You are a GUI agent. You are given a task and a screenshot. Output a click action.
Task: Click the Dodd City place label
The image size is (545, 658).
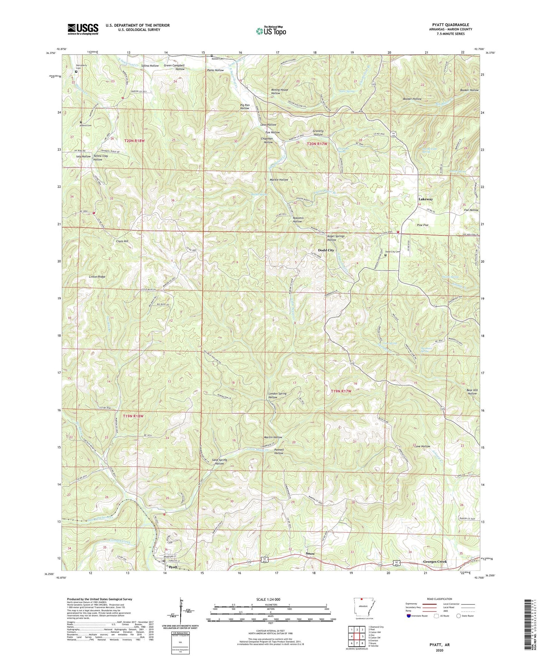pyautogui.click(x=326, y=250)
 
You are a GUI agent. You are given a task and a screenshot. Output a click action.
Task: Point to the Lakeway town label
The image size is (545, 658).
pyautogui.click(x=425, y=199)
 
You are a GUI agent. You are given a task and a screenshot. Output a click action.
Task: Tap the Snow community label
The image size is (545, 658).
pyautogui.click(x=310, y=554)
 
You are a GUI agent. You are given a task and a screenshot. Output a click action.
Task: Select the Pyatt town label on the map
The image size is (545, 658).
pyautogui.click(x=173, y=567)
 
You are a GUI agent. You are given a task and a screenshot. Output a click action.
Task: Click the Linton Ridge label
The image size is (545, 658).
pyautogui.click(x=97, y=277)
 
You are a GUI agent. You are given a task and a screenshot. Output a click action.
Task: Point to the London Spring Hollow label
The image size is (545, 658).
pyautogui.click(x=278, y=395)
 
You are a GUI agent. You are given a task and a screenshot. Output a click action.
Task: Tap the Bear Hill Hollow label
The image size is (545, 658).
pyautogui.click(x=471, y=392)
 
